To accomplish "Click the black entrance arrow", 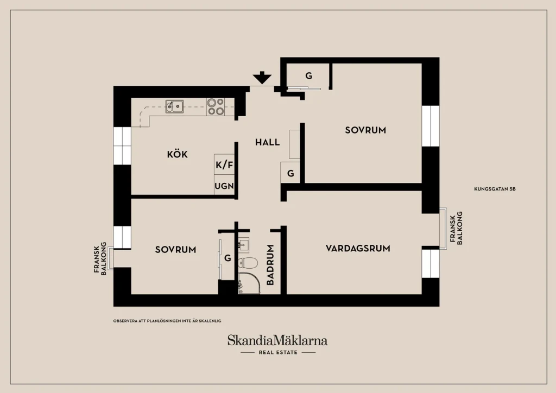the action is coord(262,78).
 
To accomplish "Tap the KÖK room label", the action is coord(178,154).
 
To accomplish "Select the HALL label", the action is coord(267,142).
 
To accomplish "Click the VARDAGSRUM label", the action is coord(358,248).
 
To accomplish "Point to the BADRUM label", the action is coord(270,265).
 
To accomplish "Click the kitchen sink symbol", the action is coord(174,106).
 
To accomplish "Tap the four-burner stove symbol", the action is coord(216,107).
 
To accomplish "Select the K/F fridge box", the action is coord(224,164).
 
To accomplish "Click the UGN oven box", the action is coord(224,185).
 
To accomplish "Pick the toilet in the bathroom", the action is coord(248,263).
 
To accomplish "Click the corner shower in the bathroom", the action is coord(249,283).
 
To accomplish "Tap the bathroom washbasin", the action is coord(244,244).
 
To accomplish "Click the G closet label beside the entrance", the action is coord(309,75).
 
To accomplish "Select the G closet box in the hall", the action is coord(290,173).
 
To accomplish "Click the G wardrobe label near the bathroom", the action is coord(228,258).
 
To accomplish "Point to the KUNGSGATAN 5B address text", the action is coord(495,189).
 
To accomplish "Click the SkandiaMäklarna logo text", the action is coord(277,340).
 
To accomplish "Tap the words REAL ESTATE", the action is coord(278,352).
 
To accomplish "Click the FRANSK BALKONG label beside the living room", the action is coord(456,229).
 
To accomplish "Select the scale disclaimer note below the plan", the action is coord(167,321).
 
